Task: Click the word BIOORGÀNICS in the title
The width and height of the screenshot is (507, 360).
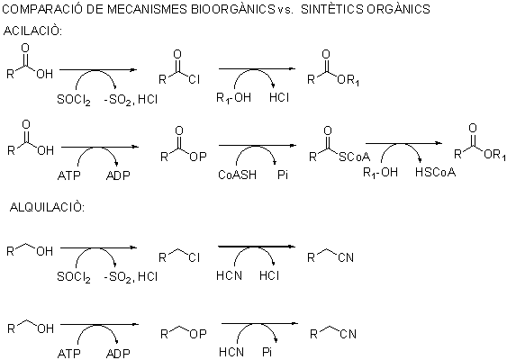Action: pos(232,9)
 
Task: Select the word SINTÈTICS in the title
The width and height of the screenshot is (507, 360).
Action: pos(332,9)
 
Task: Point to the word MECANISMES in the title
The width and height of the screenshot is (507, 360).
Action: pos(147,9)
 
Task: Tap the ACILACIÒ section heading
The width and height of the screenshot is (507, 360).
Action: pos(32,31)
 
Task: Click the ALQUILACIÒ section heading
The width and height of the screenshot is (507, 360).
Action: pos(47,207)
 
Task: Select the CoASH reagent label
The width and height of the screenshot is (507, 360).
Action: pos(238,175)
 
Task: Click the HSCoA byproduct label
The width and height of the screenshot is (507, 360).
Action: pos(435,172)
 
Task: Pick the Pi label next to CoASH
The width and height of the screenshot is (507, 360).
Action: pos(283,175)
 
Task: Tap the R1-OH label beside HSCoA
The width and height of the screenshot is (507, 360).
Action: pos(380,173)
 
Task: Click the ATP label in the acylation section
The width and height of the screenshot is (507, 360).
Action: pos(68,175)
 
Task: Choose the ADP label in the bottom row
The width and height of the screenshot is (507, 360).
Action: pos(118,354)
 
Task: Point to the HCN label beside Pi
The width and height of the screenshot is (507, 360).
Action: pos(231,352)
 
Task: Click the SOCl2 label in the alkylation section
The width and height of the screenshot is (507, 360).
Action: pos(74,277)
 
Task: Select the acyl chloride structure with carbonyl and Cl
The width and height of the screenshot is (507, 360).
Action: pos(179,67)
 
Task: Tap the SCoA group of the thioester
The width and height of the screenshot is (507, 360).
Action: pos(355,157)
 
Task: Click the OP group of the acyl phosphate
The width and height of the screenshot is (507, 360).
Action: pos(198,157)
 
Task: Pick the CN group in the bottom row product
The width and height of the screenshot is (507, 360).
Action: pos(348,334)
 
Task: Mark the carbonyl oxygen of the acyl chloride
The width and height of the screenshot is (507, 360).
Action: pos(177,54)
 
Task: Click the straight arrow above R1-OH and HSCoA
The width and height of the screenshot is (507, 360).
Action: pos(403,143)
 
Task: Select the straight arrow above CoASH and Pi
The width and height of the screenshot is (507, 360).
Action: pos(258,146)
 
